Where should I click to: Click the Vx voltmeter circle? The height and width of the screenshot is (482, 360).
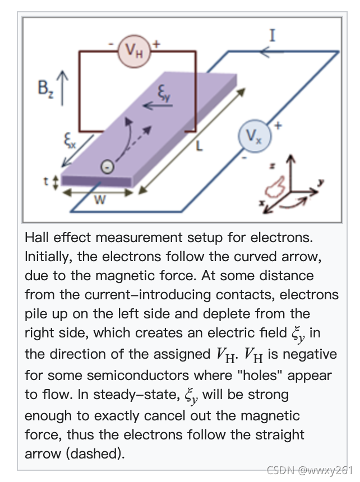pyautogui.click(x=254, y=136)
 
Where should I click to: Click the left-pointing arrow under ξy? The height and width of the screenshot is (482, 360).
pyautogui.click(x=153, y=105)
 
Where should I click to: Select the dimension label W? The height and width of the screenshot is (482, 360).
pyautogui.click(x=99, y=200)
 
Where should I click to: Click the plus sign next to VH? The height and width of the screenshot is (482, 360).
pyautogui.click(x=156, y=43)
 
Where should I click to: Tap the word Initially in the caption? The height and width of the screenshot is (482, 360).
pyautogui.click(x=51, y=257)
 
